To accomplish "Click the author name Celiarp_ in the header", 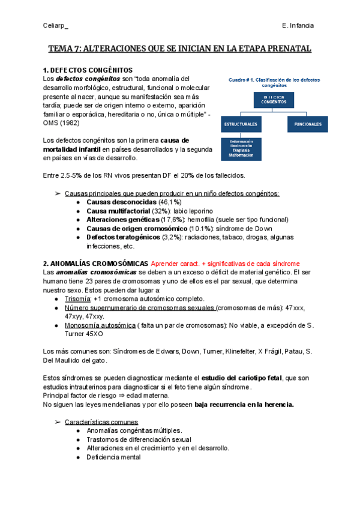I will click(x=56, y=26).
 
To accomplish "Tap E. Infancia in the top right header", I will click(x=297, y=26).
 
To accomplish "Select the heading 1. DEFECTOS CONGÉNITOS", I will click(x=88, y=70).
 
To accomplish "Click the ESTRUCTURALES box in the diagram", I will click(x=241, y=124).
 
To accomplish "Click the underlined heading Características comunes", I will click(x=101, y=421).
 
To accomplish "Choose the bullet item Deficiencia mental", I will click(x=114, y=457).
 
